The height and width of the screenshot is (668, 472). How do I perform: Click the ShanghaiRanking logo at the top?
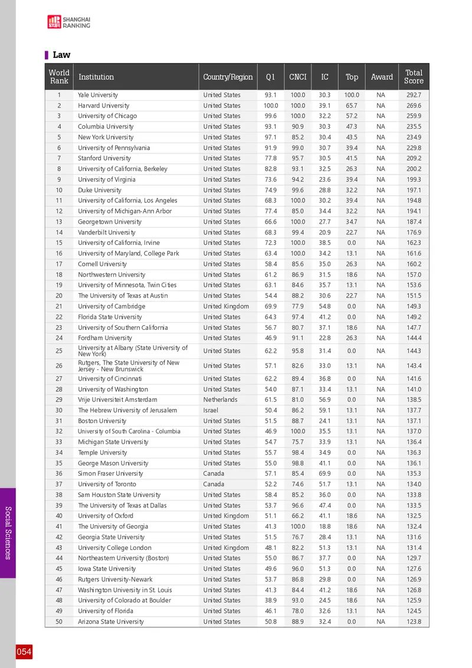[69, 22]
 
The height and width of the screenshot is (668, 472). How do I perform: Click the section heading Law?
[61, 55]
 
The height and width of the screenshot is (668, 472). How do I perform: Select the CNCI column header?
[297, 77]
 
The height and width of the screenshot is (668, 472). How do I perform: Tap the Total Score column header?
[414, 77]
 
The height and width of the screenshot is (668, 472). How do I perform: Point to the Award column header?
[382, 77]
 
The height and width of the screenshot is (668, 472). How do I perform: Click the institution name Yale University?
[98, 95]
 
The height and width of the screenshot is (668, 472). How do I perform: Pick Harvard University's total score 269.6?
[414, 106]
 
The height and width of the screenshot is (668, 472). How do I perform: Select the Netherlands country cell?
[220, 400]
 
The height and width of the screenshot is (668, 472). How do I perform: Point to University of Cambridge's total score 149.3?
[414, 306]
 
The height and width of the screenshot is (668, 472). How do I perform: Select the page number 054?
[24, 652]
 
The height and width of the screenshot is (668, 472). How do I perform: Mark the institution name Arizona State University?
[111, 621]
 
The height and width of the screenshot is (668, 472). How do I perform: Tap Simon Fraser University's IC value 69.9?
[324, 474]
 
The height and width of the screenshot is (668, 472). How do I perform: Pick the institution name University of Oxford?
[101, 516]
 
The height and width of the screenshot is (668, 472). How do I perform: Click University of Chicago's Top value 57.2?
[352, 116]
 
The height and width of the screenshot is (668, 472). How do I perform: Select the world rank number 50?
[59, 621]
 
